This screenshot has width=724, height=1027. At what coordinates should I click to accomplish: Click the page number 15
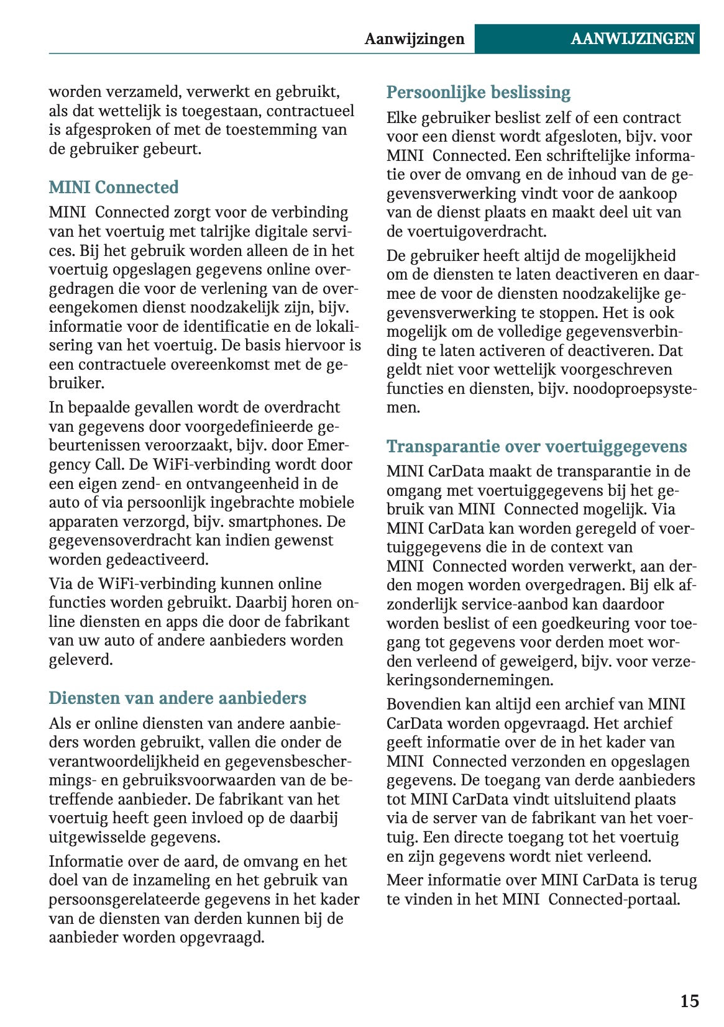click(x=689, y=1001)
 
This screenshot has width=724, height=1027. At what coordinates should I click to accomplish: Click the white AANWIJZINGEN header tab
click(x=632, y=39)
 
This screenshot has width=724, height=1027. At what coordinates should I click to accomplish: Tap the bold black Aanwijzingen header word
click(x=415, y=39)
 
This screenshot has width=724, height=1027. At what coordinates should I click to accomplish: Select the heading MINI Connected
click(x=114, y=187)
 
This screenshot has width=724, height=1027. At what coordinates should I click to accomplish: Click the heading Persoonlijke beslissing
click(x=478, y=93)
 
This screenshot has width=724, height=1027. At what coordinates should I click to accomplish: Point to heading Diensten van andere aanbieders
click(x=177, y=698)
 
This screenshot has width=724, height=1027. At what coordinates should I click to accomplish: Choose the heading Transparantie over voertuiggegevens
click(x=536, y=447)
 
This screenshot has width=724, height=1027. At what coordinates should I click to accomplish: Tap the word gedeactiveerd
click(x=157, y=559)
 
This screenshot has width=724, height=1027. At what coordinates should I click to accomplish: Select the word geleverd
click(x=81, y=659)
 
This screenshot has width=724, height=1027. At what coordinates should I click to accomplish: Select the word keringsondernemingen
click(x=469, y=680)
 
